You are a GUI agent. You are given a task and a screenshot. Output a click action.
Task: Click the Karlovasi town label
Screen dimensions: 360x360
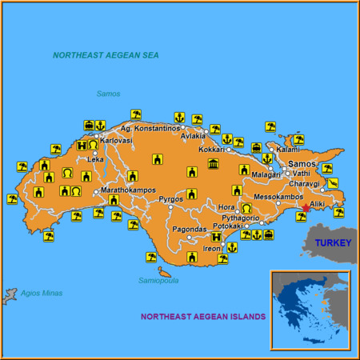(117, 140)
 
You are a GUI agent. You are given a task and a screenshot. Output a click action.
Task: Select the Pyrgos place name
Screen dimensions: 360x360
(170, 198)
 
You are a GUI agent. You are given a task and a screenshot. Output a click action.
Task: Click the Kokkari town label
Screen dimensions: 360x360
(212, 149)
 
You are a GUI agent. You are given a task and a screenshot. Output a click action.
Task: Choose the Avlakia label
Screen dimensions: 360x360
(193, 135)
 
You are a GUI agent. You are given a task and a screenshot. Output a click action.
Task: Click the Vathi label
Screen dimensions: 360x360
(302, 173)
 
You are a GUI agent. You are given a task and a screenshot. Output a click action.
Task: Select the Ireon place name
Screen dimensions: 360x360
(211, 249)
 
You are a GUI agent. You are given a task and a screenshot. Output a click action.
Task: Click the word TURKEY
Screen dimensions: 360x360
(332, 242)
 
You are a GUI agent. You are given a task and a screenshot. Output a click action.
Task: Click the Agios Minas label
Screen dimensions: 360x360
(41, 293)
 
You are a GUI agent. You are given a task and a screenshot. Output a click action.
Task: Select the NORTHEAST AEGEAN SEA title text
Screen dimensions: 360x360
(106, 55)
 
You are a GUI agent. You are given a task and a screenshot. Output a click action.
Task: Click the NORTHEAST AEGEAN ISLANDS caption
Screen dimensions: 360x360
(203, 317)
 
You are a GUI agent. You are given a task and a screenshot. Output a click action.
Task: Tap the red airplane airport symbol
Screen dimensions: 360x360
(305, 210)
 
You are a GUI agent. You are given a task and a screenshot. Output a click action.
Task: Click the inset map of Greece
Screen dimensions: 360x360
(310, 310)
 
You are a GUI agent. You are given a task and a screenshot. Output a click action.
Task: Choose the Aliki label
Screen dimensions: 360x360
(318, 204)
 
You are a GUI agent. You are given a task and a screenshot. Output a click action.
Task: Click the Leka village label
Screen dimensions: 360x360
(96, 159)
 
